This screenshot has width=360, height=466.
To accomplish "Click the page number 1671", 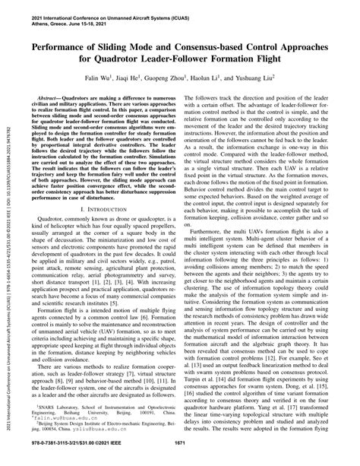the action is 180,455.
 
